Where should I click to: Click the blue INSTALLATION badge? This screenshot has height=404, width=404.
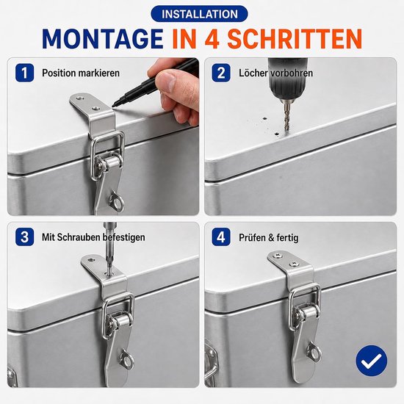click(199, 14)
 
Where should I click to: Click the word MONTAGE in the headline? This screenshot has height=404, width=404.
click(103, 39)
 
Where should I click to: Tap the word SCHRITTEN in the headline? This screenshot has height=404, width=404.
click(295, 39)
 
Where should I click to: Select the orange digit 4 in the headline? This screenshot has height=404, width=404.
click(213, 39)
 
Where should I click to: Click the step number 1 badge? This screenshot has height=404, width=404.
click(24, 73)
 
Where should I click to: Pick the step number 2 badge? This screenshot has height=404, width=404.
click(221, 73)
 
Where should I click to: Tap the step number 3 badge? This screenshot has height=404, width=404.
click(24, 237)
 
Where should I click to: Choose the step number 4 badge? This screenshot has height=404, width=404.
click(221, 237)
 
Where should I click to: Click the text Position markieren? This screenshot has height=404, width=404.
click(81, 73)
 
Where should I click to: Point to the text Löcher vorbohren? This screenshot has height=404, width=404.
click(275, 73)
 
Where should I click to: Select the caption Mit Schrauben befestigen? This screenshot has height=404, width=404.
click(93, 237)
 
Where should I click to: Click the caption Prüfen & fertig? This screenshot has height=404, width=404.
click(268, 237)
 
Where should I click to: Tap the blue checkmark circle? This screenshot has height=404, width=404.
click(371, 361)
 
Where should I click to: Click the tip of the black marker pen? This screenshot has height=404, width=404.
click(114, 106)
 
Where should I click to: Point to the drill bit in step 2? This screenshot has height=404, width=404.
click(287, 115)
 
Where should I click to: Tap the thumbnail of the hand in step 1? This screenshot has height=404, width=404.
click(168, 79)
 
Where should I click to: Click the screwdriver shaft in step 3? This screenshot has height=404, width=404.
click(109, 248)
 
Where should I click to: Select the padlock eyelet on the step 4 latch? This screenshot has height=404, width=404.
click(314, 352)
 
